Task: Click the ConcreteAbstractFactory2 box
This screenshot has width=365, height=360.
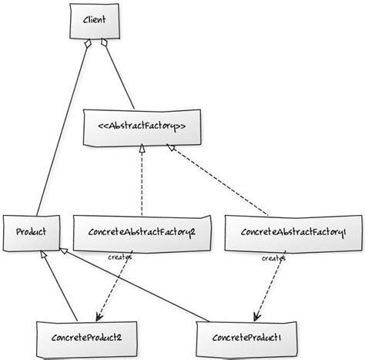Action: (x=142, y=232)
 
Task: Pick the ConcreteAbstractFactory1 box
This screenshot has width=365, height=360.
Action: (x=293, y=232)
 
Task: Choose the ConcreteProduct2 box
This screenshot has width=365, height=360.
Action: (x=85, y=336)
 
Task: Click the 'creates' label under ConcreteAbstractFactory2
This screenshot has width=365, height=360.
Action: (x=120, y=257)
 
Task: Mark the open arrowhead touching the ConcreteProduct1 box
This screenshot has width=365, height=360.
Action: (x=255, y=317)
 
